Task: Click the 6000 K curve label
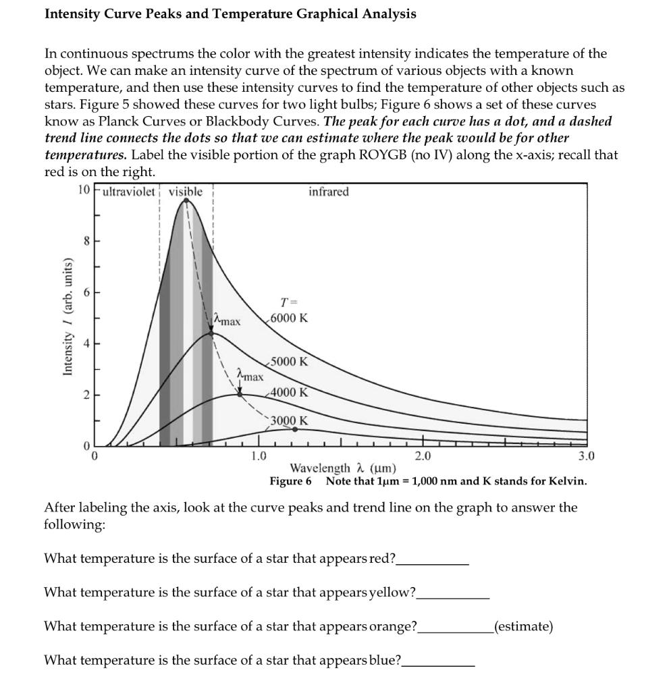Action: click(288, 318)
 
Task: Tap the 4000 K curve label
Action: click(289, 392)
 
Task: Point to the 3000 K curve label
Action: click(289, 420)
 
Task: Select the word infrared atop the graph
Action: click(329, 192)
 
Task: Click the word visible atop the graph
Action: click(185, 192)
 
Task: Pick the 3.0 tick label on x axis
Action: click(587, 456)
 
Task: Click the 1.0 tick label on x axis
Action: click(258, 456)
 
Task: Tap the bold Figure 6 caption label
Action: click(290, 481)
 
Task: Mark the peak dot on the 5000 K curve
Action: click(211, 333)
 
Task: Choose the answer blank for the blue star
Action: click(438, 661)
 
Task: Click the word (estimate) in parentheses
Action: click(524, 626)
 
